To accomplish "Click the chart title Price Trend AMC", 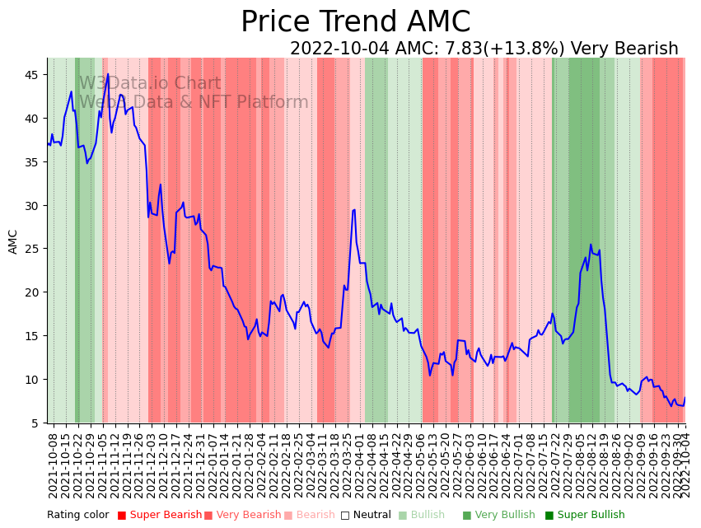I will point(355,22).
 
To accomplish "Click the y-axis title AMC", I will point(13,241).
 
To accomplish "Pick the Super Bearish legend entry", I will point(160,515).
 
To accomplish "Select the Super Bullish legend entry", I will point(585,515).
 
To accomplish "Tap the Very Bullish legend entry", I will point(498,515).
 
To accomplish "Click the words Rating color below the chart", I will point(77,515).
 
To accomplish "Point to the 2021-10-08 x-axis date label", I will point(53,465).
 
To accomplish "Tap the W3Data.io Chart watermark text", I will point(150,83).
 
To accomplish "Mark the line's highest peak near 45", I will point(108,74).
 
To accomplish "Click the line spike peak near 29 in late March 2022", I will point(353,210).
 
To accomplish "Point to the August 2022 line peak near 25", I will point(591,245).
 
